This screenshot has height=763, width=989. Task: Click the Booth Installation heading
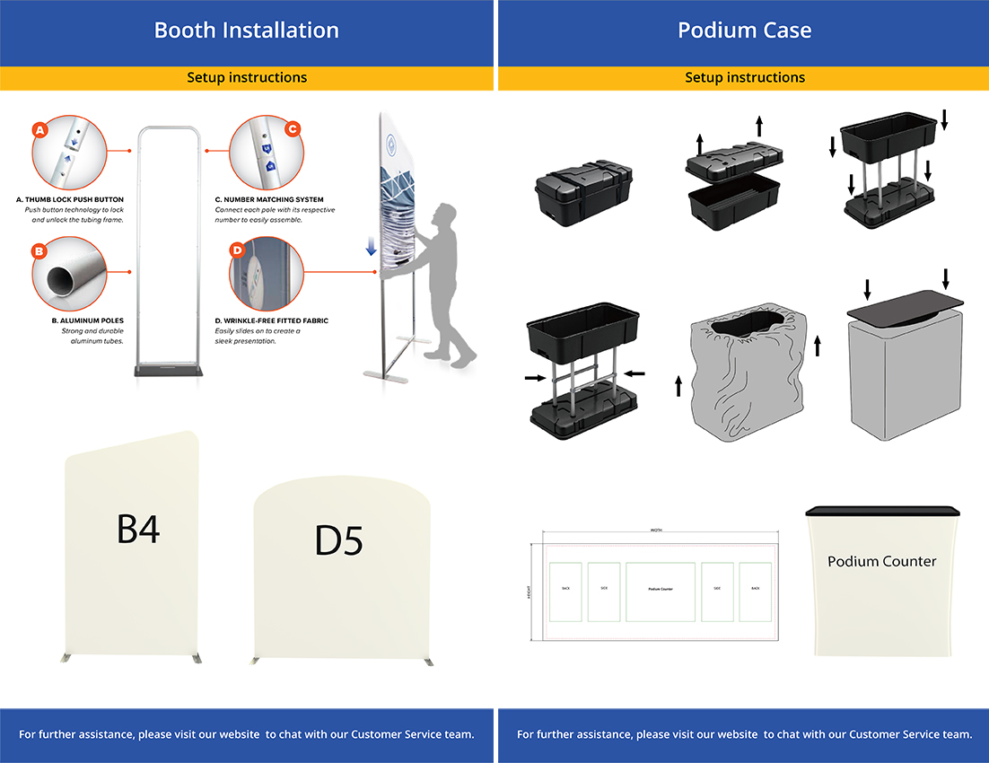[247, 31]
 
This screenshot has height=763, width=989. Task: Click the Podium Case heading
[744, 31]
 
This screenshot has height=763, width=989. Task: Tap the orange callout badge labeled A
[39, 130]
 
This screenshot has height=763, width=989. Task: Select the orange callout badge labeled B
[39, 251]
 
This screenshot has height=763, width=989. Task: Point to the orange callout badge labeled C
[292, 129]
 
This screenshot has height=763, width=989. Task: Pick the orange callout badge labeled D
[237, 250]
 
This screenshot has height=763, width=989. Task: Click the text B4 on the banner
[138, 530]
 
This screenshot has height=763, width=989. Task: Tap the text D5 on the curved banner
[338, 540]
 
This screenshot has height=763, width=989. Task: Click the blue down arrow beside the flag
[372, 247]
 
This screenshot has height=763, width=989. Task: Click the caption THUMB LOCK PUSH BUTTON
[70, 199]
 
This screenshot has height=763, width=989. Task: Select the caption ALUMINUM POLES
[88, 320]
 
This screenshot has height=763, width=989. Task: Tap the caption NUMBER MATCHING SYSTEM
[269, 199]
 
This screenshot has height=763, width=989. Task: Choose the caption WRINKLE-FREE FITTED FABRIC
[272, 320]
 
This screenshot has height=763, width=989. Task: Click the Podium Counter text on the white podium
[881, 562]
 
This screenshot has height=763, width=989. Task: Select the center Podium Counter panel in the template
[661, 591]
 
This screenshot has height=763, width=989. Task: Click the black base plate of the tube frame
[168, 370]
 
